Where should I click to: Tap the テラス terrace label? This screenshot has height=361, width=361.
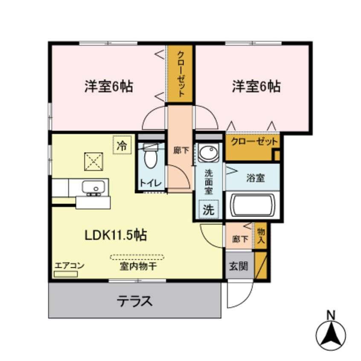(134, 302)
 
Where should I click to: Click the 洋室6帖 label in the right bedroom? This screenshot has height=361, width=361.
(256, 87)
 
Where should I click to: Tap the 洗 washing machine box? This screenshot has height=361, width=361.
(208, 210)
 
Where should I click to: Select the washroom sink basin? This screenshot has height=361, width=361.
(209, 153)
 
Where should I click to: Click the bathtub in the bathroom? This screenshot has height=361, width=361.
(253, 206)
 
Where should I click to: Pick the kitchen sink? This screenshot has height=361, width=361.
(93, 187)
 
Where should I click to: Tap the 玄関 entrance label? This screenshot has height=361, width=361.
(239, 265)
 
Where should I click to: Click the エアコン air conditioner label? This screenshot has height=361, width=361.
(69, 265)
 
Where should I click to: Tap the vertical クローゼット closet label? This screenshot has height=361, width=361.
(181, 74)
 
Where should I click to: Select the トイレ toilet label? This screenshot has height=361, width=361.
(150, 183)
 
